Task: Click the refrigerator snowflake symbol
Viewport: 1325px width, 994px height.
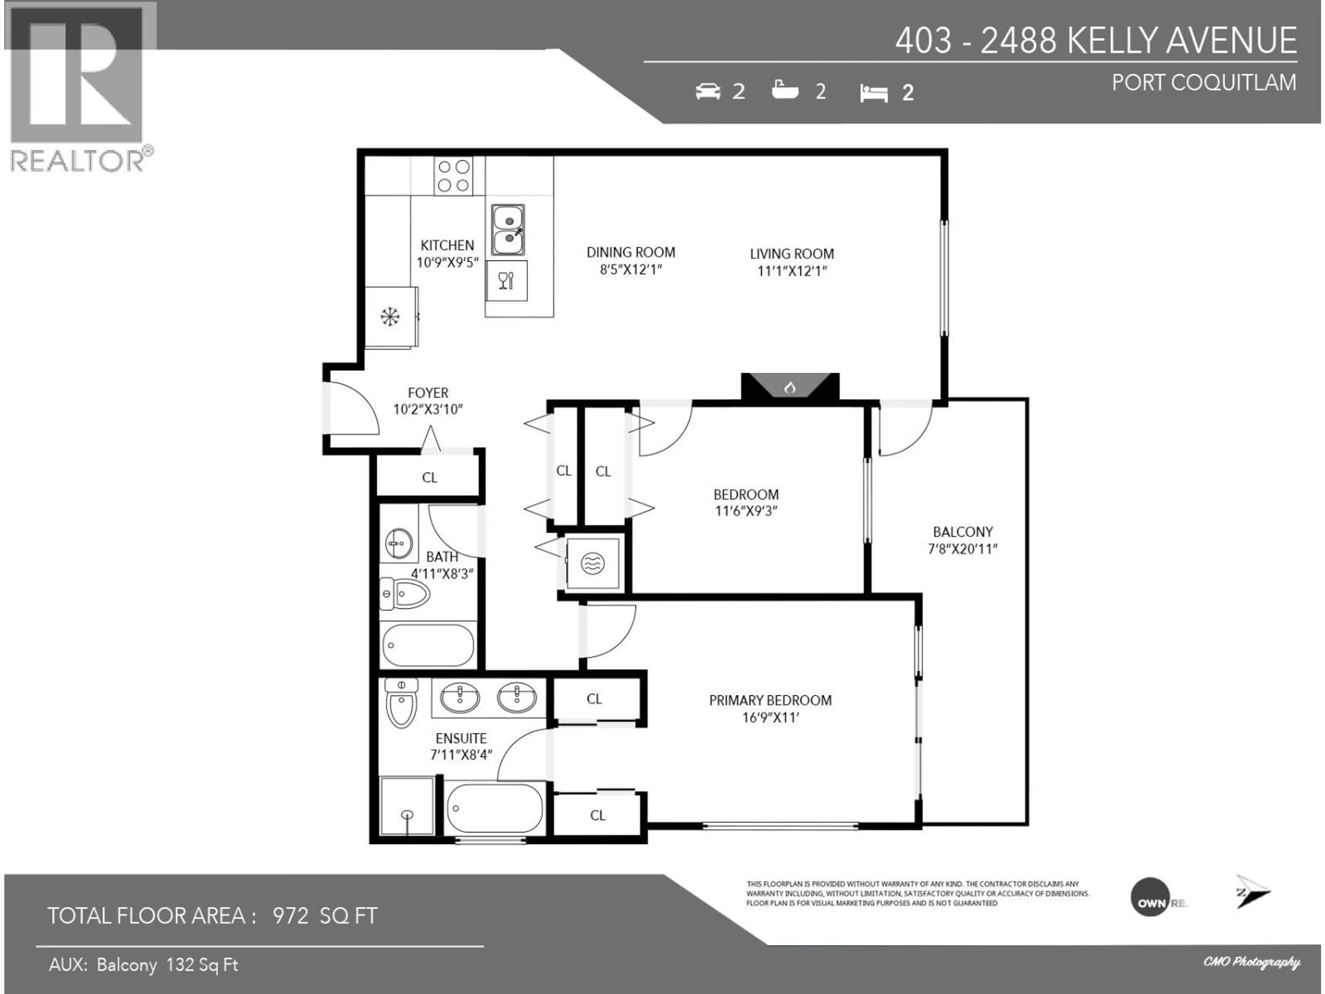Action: pyautogui.click(x=390, y=316)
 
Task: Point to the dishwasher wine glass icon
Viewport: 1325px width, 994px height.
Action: pyautogui.click(x=506, y=280)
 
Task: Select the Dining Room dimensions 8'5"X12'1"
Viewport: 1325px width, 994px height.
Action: pyautogui.click(x=631, y=270)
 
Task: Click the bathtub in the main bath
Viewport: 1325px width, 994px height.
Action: pyautogui.click(x=428, y=645)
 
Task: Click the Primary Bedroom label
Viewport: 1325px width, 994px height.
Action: pyautogui.click(x=770, y=700)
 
